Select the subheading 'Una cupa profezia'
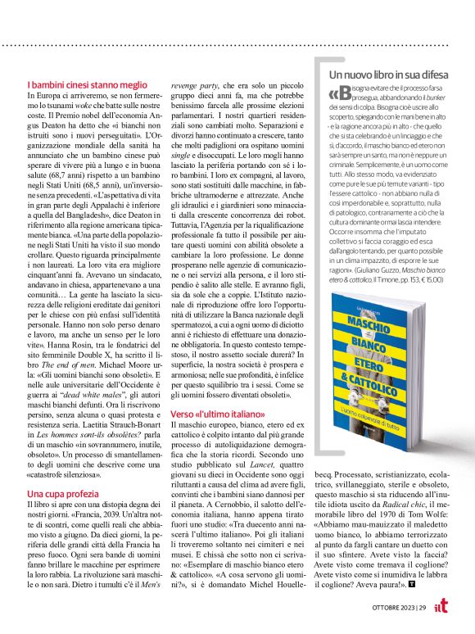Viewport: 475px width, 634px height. [63, 494]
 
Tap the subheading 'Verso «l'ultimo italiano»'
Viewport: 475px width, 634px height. [215, 414]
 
